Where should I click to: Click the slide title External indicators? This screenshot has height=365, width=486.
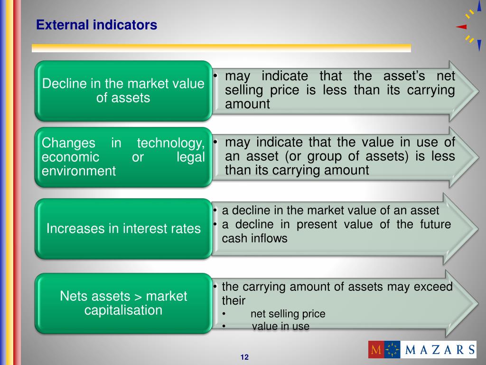96,25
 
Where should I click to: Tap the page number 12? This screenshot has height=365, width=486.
245,357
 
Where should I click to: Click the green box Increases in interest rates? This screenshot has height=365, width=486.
123,229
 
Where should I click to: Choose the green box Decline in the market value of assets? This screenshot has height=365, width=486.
123,91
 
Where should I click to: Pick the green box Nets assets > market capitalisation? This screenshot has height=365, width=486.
123,303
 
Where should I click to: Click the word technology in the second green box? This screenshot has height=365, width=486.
170,143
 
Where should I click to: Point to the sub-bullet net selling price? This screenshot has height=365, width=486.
288,314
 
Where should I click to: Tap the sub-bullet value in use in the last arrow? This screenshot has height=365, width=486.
280,327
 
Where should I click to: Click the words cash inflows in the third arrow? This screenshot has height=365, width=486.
254,239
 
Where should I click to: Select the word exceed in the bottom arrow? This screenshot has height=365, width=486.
433,287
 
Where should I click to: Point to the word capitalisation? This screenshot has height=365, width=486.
123,310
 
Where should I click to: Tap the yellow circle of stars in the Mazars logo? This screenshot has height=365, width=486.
392,350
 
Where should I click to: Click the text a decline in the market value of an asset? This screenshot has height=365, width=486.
330,211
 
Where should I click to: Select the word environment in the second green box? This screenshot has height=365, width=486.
79,171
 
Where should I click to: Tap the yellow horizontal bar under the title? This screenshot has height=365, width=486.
221,48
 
